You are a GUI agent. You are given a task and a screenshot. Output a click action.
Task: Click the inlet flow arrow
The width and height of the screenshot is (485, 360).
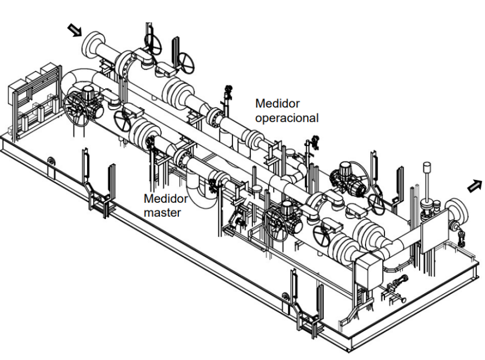75,31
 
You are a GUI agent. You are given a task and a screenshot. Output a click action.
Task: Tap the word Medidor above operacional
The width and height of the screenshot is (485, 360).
277,103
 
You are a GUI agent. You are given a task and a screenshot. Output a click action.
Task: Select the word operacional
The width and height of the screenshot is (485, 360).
287,118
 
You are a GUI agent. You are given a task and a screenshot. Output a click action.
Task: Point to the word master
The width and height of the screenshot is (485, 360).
162,213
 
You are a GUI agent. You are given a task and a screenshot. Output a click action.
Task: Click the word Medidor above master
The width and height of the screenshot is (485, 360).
166,198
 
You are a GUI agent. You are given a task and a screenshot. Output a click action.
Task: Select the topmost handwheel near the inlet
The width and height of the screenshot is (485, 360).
153,44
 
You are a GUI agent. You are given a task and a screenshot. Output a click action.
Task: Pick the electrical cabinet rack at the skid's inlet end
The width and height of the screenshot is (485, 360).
34,99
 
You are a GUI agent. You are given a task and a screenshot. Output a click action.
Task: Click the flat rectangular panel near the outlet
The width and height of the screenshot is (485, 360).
434,231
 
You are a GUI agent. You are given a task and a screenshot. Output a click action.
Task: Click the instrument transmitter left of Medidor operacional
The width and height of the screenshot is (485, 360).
229,93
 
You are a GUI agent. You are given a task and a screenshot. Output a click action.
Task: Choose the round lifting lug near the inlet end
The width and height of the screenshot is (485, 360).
51,161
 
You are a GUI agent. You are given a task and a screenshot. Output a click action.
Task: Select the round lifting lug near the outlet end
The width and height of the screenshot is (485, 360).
286,297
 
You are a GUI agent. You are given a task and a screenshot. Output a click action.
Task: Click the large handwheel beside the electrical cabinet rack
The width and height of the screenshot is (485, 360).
76,109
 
